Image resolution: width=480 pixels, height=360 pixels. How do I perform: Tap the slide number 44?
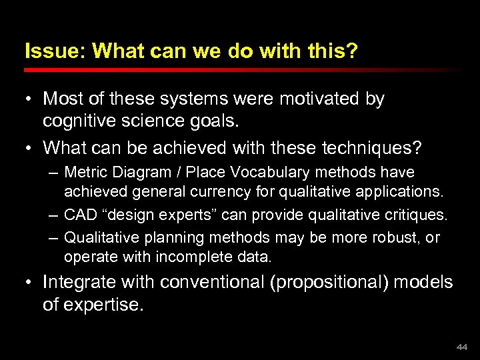[x=462, y=347]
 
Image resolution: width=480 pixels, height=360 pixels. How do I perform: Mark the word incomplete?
[x=190, y=257]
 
